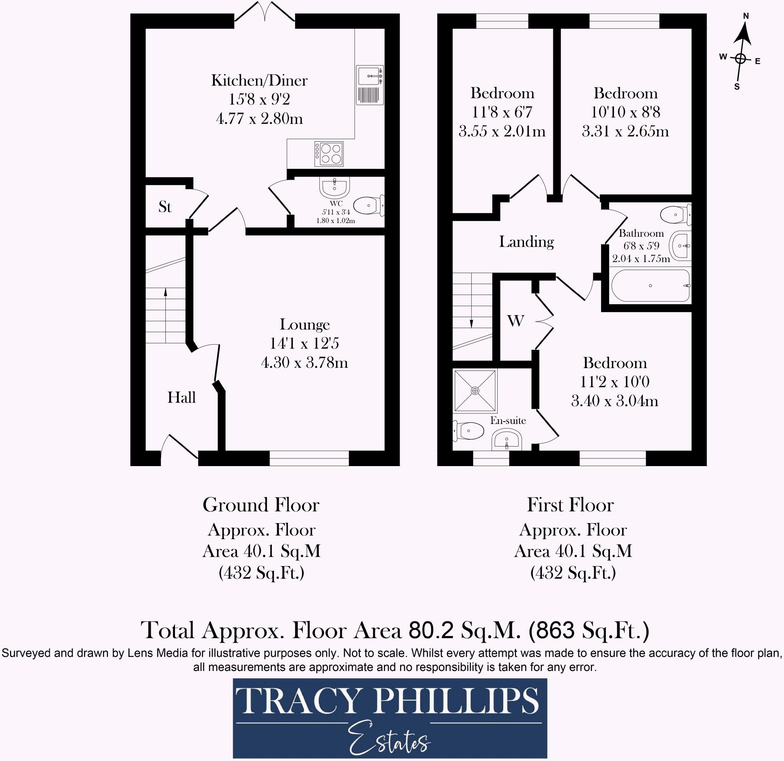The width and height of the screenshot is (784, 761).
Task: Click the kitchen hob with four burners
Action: (329, 154)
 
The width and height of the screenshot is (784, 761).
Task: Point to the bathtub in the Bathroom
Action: (650, 286)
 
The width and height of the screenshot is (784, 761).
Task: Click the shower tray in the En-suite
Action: (475, 391)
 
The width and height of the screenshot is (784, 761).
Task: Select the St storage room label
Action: (165, 207)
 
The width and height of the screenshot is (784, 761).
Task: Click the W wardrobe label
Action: (516, 321)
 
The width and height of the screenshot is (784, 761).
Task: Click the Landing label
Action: (526, 242)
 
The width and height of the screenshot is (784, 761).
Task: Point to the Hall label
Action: (181, 397)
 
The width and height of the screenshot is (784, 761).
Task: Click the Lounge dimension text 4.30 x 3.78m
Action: (304, 362)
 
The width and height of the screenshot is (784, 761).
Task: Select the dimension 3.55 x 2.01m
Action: (502, 131)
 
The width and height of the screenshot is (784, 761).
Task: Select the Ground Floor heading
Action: (261, 505)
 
